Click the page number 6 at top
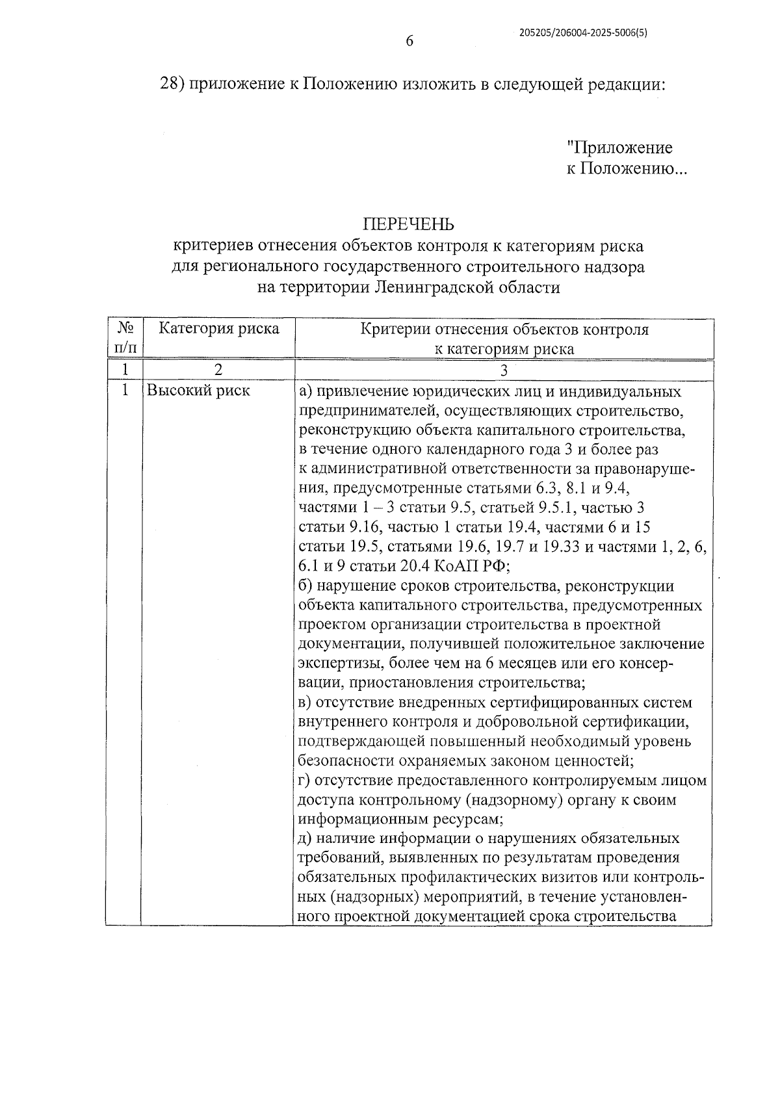pyautogui.click(x=409, y=41)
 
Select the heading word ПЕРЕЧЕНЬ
pyautogui.click(x=408, y=224)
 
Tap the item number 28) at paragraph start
pyautogui.click(x=173, y=84)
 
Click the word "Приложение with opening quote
pyautogui.click(x=619, y=148)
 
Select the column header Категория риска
pyautogui.click(x=219, y=328)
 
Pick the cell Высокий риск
pyautogui.click(x=198, y=391)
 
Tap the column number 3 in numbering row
pyautogui.click(x=503, y=370)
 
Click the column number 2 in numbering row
pyautogui.click(x=218, y=370)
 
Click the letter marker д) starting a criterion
pyautogui.click(x=307, y=838)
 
